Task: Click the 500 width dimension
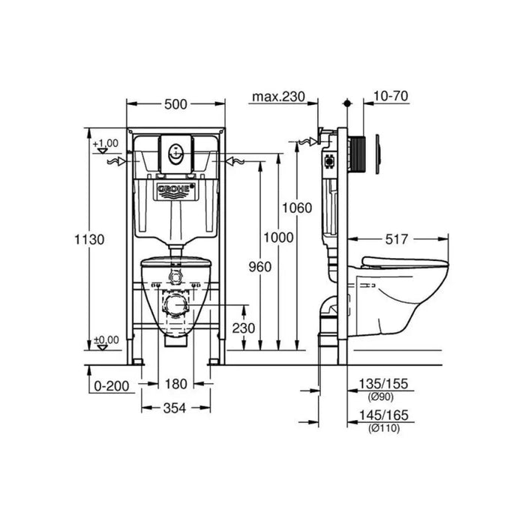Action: (175, 104)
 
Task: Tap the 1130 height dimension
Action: (89, 239)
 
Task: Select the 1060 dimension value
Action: (297, 208)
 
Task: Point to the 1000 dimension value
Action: (278, 238)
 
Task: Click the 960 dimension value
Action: (260, 267)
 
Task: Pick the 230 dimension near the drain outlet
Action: (244, 328)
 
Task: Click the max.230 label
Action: (278, 97)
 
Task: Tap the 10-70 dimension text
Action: (391, 96)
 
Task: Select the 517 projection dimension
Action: (397, 239)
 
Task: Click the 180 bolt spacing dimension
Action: (175, 384)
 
